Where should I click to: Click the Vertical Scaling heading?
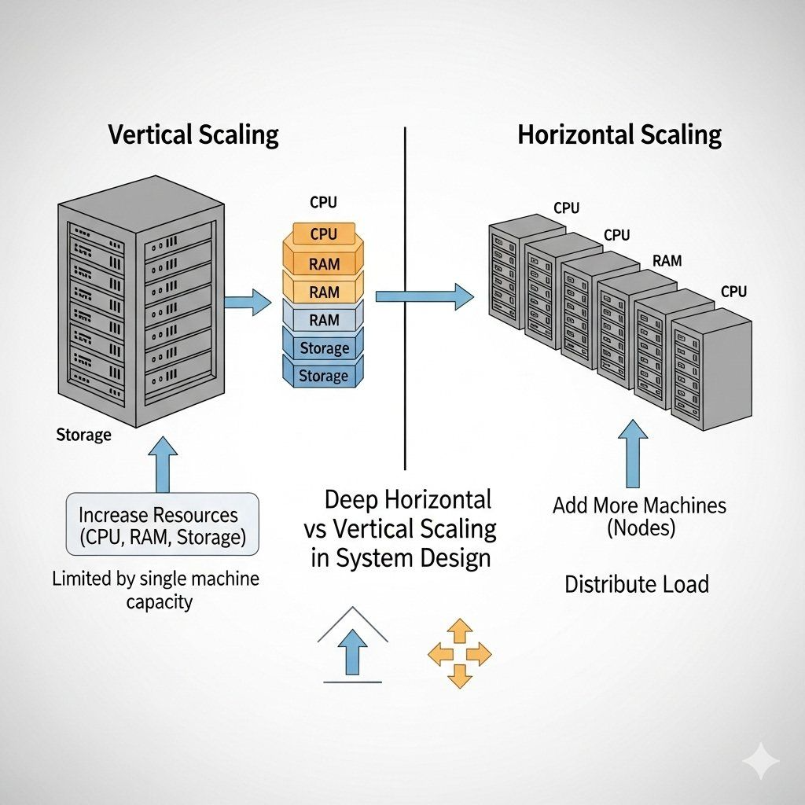pos(193,134)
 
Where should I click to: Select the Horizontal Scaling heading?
pos(619,134)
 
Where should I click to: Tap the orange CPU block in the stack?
pos(323,234)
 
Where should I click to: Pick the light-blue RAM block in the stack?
pos(324,320)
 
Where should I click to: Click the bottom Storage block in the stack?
pos(323,376)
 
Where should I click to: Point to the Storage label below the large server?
pos(84,435)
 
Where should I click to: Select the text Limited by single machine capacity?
pos(156,590)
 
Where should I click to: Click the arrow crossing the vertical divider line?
pos(425,296)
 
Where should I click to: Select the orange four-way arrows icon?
pos(459,652)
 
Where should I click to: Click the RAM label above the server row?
pos(667,261)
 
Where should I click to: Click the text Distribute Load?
pos(637,584)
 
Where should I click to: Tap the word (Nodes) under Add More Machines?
pos(641,528)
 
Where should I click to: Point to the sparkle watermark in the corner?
pos(761,761)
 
